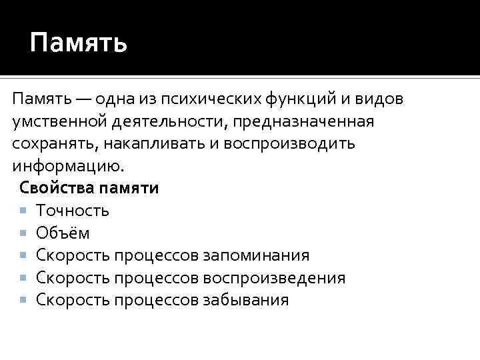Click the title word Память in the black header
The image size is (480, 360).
(x=78, y=44)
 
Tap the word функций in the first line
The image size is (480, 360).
(x=299, y=100)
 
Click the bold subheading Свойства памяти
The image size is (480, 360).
(x=89, y=188)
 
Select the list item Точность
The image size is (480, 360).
(x=73, y=211)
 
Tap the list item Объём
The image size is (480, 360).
(x=63, y=233)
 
